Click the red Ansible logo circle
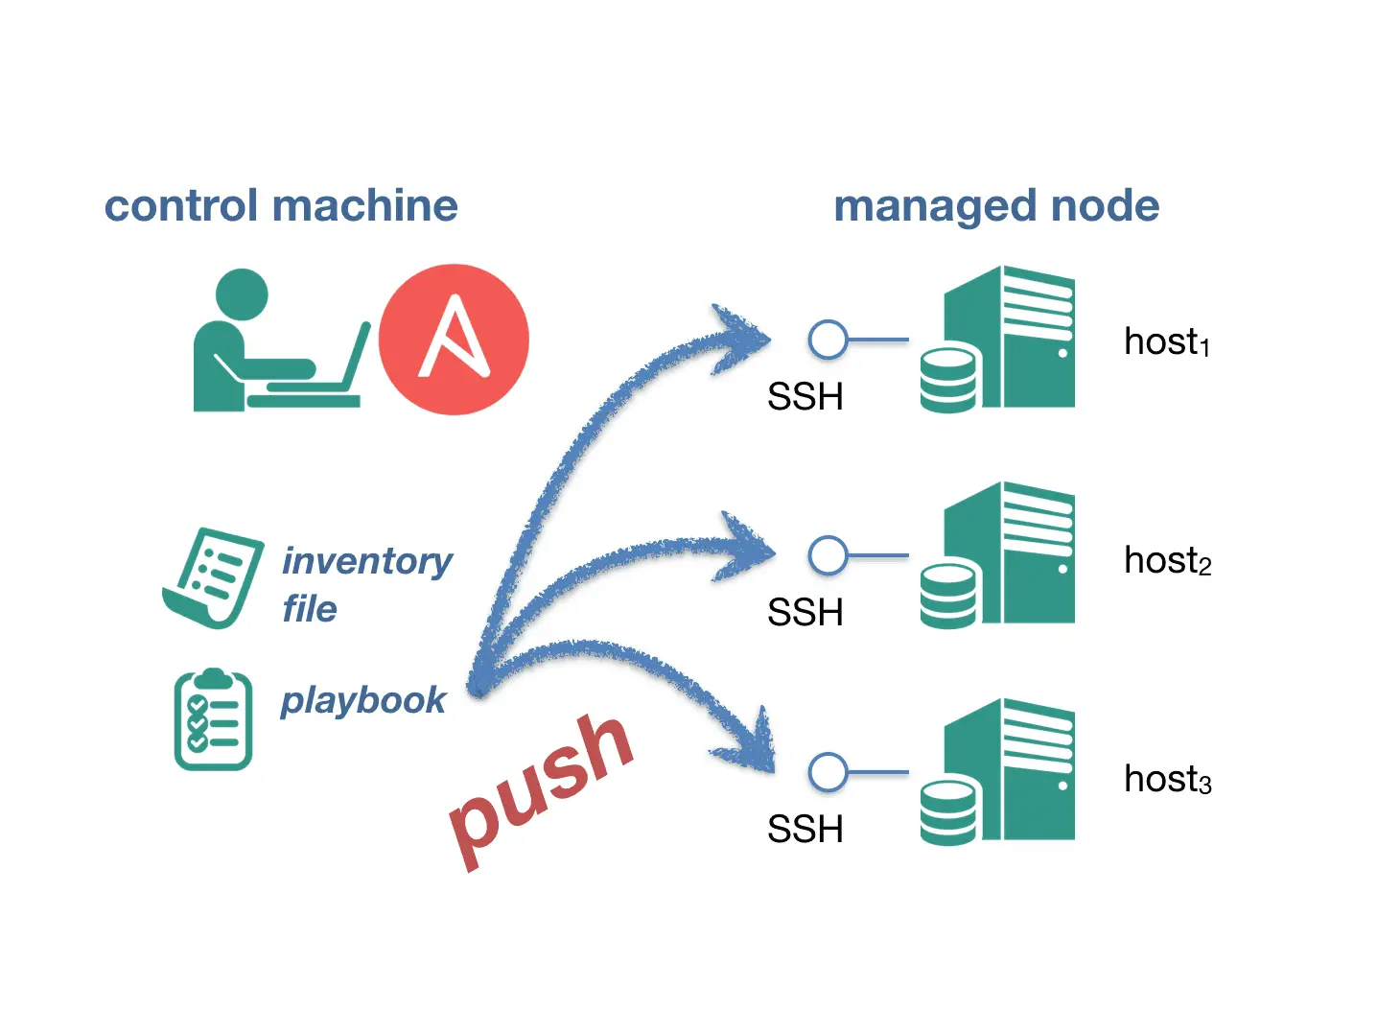coord(454,340)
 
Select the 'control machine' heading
coord(281,206)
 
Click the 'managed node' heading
coord(996,206)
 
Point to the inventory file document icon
coord(214,577)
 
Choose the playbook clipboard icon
coord(213,719)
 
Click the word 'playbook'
coord(362,700)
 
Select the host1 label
coord(1166,342)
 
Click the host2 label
coord(1167,560)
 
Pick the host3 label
coord(1167,779)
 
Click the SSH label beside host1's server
coord(805,396)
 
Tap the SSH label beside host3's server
coord(805,829)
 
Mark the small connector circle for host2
coord(828,555)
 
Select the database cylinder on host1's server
coord(948,380)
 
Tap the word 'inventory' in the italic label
coord(366,561)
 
